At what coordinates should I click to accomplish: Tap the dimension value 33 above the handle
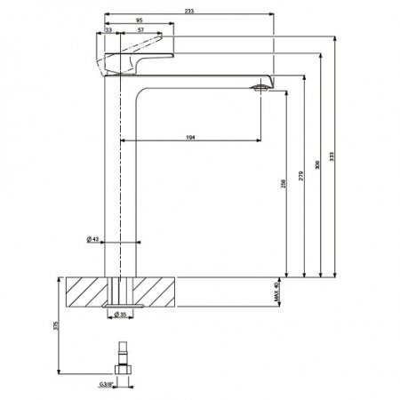tap(108, 30)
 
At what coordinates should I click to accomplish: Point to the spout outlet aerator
tap(260, 87)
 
